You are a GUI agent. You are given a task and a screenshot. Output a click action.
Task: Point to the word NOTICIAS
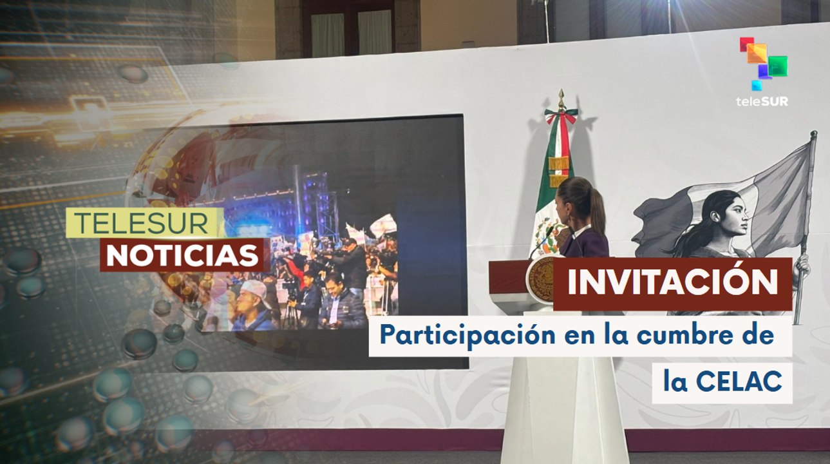tap(182, 255)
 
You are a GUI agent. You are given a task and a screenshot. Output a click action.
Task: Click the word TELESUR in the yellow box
tap(142, 222)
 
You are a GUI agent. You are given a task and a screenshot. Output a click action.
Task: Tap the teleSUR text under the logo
tap(762, 101)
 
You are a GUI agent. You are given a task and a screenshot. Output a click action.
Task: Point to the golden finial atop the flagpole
tap(561, 99)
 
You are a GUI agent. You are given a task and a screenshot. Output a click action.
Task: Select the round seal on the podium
tap(540, 279)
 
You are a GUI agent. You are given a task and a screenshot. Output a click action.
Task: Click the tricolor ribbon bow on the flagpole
tap(560, 119)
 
